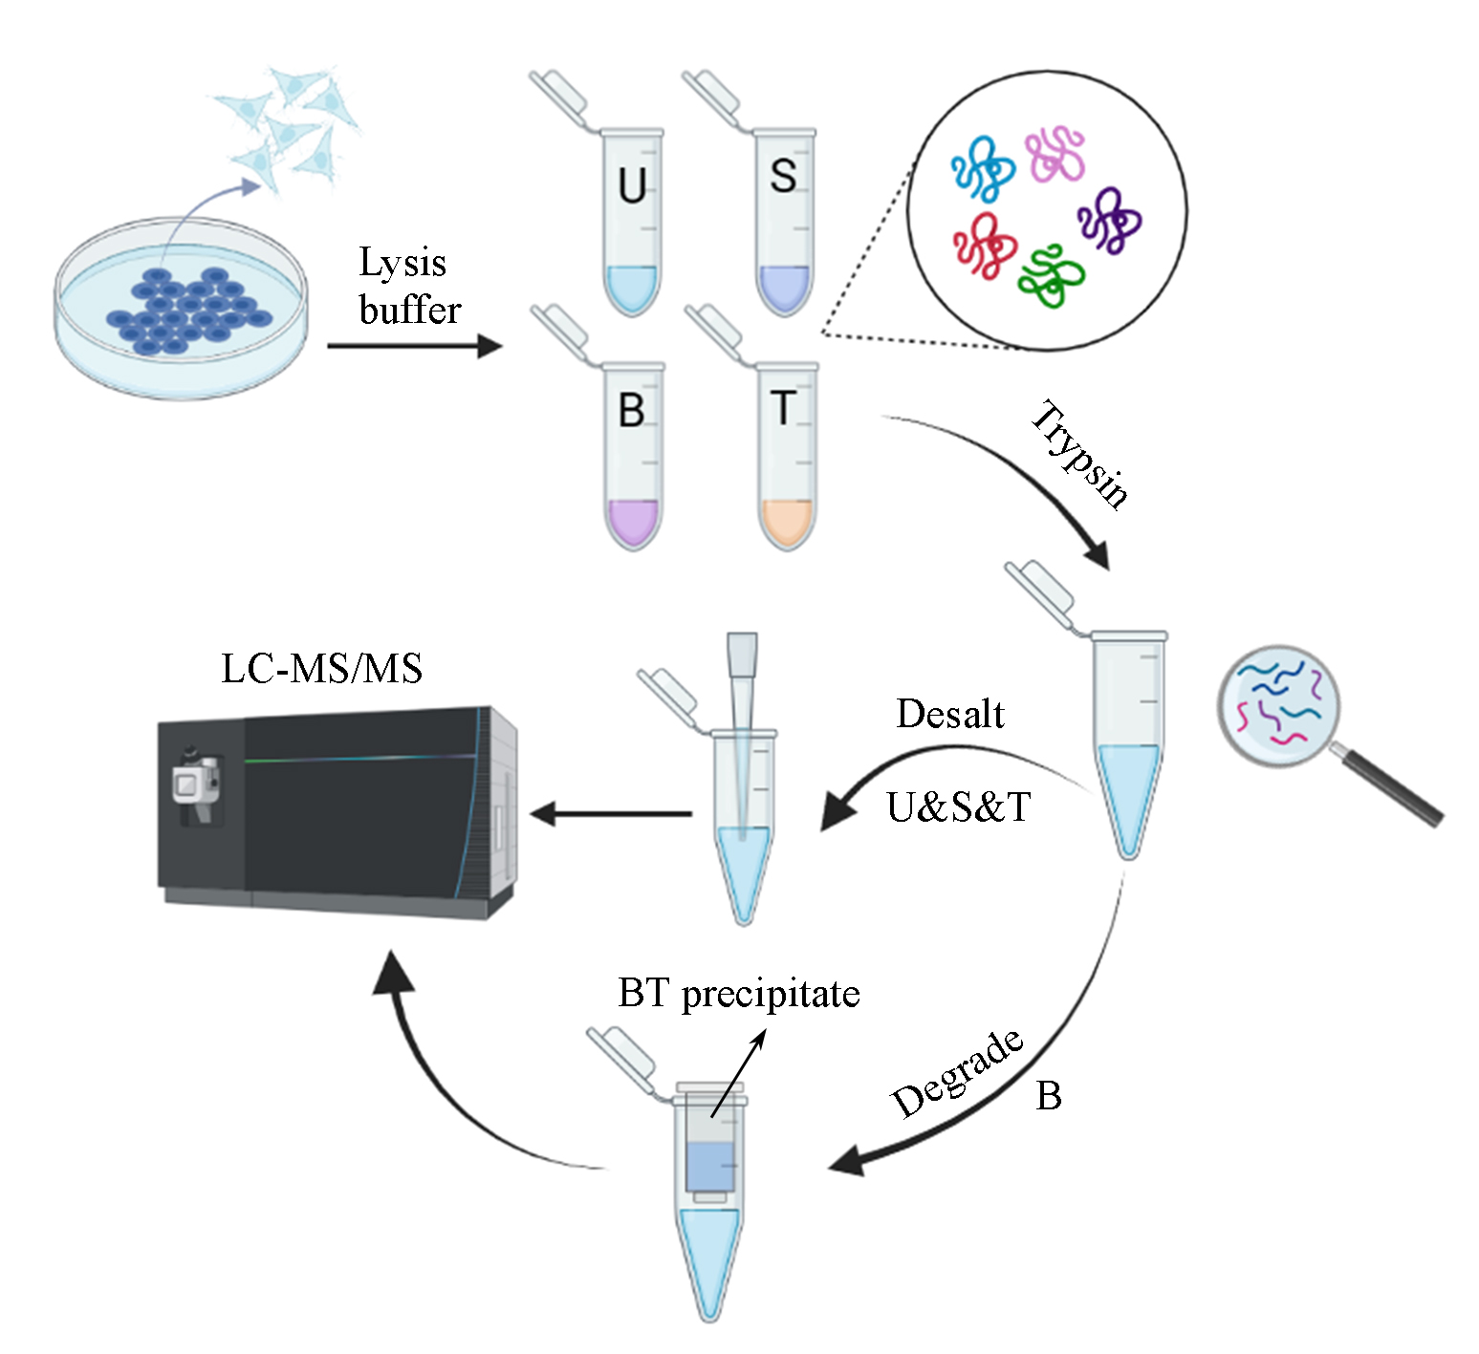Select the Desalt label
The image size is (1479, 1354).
point(950,715)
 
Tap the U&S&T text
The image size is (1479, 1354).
point(958,808)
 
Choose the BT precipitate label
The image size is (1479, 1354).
point(739,994)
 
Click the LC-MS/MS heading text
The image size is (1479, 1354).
point(321,669)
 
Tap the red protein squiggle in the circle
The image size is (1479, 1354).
point(986,245)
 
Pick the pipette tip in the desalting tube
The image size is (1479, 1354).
point(742,726)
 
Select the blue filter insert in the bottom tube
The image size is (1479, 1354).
point(709,1166)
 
